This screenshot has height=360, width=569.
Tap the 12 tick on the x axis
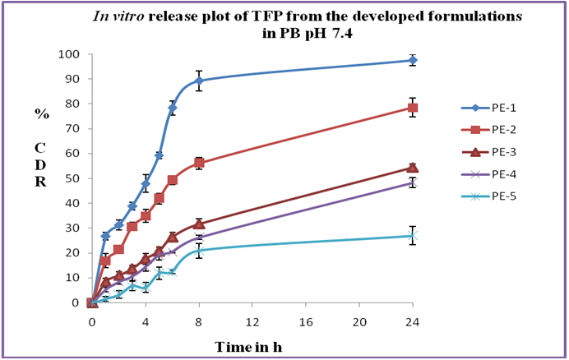pos(252,320)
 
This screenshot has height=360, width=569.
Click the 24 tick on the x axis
pos(413,320)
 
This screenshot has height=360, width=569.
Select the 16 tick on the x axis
pos(306,320)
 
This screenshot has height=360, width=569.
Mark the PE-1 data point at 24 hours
pos(413,60)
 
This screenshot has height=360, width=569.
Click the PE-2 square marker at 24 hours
pos(413,108)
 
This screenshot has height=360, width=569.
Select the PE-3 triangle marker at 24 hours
pos(413,168)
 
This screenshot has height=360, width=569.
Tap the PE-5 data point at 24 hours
pos(413,235)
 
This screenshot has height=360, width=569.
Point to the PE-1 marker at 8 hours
pos(199,81)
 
